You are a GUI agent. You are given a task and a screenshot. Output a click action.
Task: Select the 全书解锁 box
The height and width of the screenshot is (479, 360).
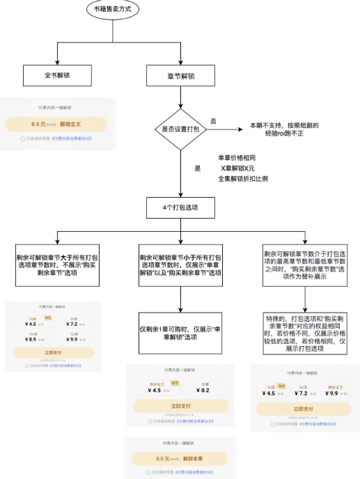point(53,74)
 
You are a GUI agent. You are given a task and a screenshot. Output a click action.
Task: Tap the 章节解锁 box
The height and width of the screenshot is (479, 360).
point(180,74)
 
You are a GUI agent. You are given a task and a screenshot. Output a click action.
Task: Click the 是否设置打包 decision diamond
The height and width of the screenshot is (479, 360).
point(180,129)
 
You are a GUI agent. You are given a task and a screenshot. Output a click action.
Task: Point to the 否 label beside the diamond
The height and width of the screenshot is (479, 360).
point(213,121)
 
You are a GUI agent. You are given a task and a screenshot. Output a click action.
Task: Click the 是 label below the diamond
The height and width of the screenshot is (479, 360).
point(197,168)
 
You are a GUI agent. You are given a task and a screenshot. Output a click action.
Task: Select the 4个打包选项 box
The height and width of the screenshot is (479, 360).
point(180,207)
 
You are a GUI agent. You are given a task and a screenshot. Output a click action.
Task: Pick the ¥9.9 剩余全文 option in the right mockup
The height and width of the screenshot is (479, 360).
point(330,393)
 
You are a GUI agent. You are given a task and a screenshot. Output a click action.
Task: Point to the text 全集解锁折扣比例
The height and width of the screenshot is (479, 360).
point(243,179)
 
